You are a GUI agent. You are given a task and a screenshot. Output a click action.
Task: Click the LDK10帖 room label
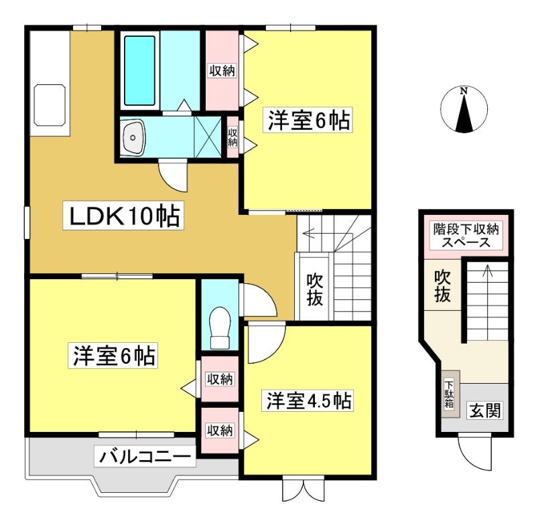(x=123, y=215)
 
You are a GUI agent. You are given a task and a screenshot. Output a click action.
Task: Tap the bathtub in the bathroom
(x=139, y=70)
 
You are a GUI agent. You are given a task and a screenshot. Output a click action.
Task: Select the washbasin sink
(x=133, y=137)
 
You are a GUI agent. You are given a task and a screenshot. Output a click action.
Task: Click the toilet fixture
(x=219, y=327)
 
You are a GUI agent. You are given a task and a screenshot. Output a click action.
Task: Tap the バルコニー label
(x=145, y=457)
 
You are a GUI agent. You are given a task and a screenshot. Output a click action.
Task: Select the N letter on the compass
(x=464, y=91)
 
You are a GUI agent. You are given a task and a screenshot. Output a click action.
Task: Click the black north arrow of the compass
(x=464, y=114)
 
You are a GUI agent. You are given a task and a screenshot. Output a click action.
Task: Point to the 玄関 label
(x=485, y=410)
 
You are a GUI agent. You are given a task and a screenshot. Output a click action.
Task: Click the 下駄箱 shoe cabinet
(x=450, y=394)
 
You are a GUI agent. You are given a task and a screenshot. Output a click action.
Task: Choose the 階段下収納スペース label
(x=466, y=236)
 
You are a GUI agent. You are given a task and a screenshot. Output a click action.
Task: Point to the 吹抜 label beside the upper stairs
(x=314, y=290)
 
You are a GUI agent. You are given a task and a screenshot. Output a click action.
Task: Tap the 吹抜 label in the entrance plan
(x=442, y=286)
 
